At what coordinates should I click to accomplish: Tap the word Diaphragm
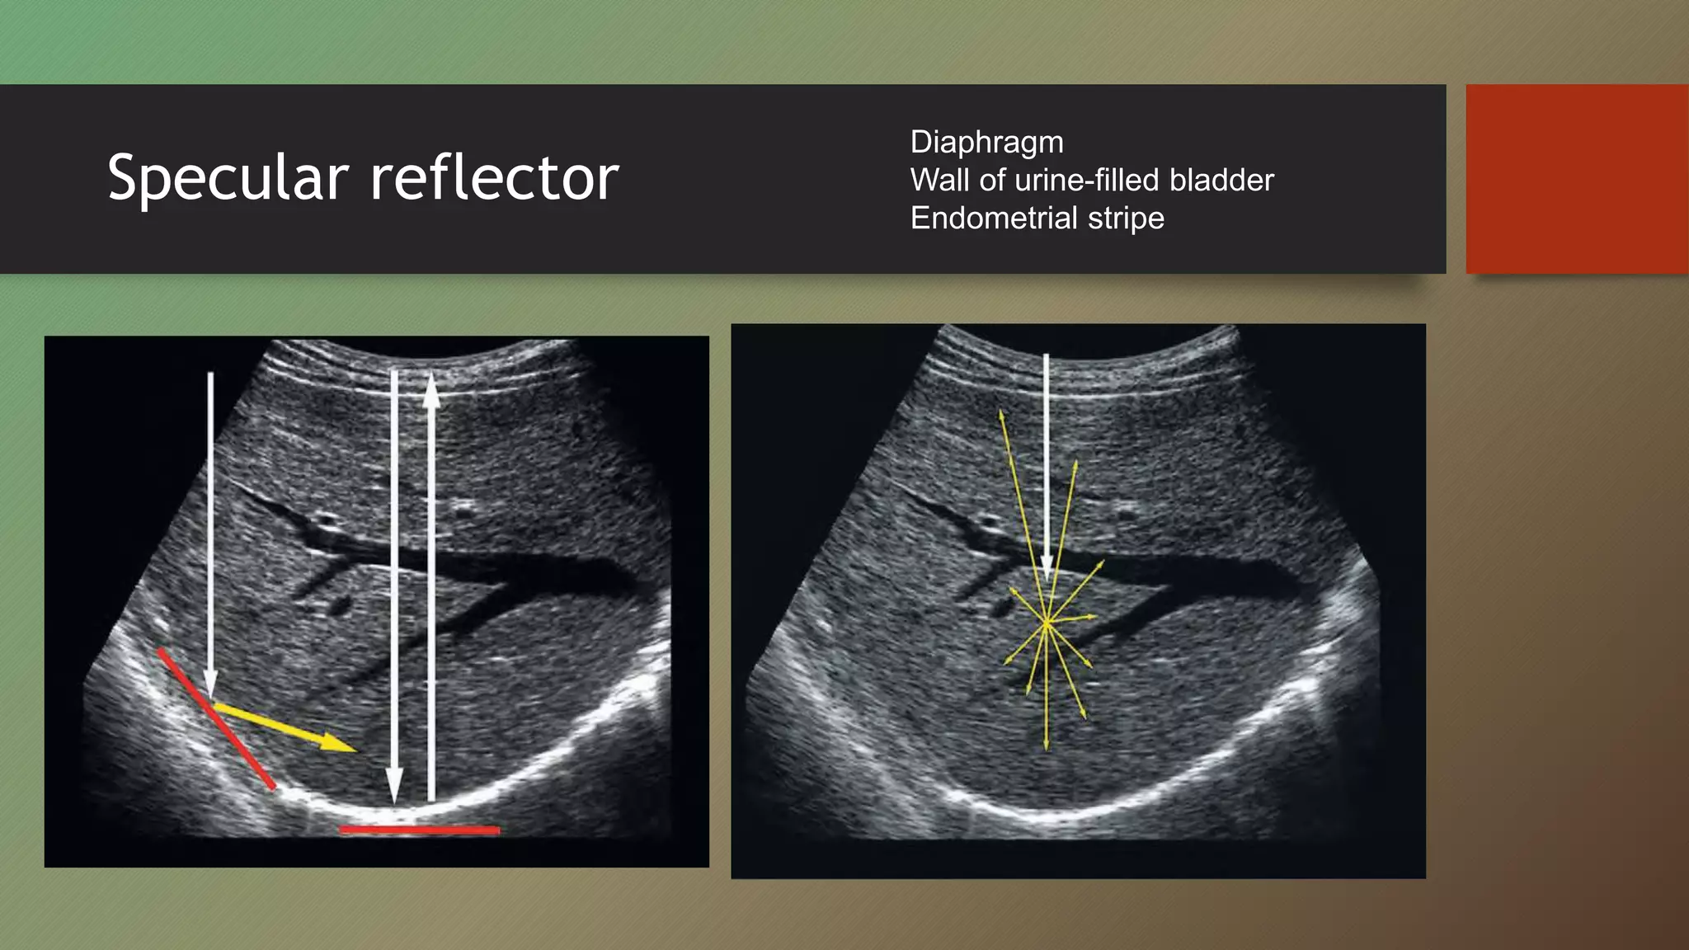(986, 142)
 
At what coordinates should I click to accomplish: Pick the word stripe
(1126, 218)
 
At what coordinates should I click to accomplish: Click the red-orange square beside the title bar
(1576, 179)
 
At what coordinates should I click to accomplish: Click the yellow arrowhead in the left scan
(338, 743)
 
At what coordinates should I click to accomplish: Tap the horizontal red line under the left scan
(420, 830)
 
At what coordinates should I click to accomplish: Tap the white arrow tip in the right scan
(1047, 573)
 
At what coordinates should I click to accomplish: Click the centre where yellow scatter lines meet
(1047, 624)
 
